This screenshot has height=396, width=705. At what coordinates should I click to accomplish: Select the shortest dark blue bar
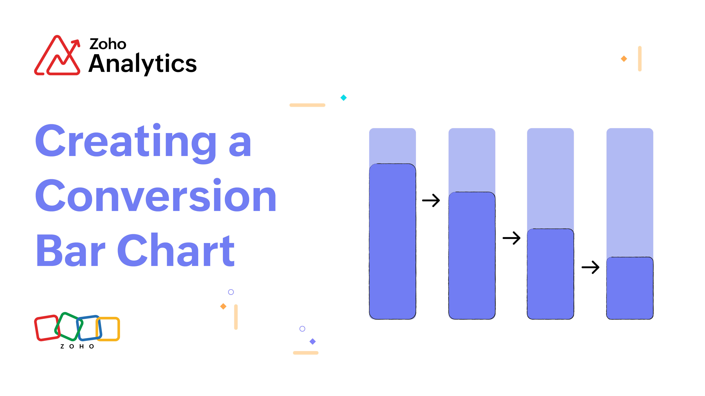tap(630, 288)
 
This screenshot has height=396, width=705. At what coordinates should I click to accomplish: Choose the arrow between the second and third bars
tap(512, 238)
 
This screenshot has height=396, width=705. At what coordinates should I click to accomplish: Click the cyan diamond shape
tap(343, 98)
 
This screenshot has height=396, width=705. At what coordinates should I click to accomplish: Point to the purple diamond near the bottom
tap(313, 341)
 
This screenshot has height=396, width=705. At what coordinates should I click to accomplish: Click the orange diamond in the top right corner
tap(624, 59)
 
